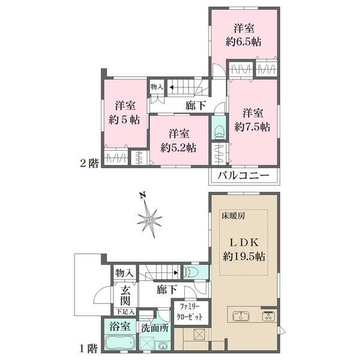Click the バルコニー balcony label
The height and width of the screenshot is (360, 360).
coord(243,176)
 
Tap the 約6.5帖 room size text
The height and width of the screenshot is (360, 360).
coord(244,42)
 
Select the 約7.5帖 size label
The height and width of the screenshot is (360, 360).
coord(253,127)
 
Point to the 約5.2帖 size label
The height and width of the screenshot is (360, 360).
coord(178,148)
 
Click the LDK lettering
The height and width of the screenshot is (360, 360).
coord(244,242)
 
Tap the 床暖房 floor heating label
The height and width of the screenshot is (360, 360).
coord(233,216)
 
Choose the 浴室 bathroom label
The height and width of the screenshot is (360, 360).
coord(120,326)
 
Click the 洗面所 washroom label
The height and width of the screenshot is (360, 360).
coord(155,328)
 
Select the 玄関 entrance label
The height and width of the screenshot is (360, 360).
coord(125,296)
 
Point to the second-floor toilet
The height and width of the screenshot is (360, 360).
coord(219,132)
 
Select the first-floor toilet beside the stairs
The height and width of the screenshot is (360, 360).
coord(192,272)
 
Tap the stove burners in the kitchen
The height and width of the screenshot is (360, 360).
coord(268,316)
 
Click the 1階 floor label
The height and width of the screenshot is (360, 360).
coord(88,349)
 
